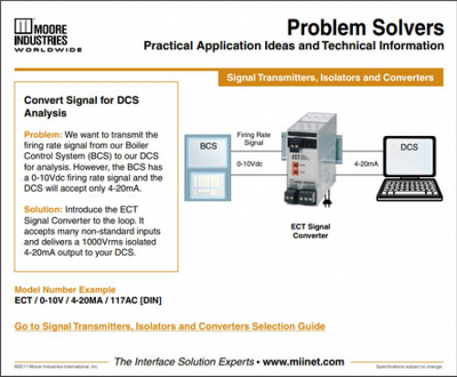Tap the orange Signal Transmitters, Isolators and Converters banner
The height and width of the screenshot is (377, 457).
click(330, 79)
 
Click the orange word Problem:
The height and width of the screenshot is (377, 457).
click(42, 134)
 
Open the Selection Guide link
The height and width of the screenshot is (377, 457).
click(170, 326)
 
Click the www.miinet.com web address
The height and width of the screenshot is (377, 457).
click(307, 361)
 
